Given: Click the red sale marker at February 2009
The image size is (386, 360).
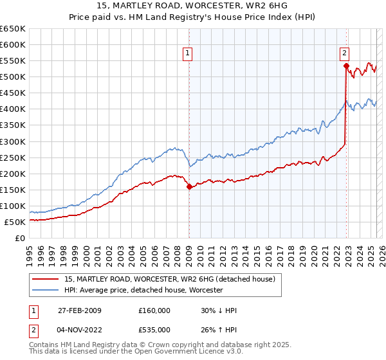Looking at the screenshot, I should coord(189,187).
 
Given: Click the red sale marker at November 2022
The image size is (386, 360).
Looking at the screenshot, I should coord(346,66).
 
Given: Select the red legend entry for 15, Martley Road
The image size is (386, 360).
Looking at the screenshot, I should coord(170,279).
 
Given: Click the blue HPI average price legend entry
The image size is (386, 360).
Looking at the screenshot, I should coord(143,291).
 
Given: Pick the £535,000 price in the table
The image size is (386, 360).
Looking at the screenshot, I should coord(154,329).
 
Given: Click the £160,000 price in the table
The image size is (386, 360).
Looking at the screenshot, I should coord(154,310).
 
